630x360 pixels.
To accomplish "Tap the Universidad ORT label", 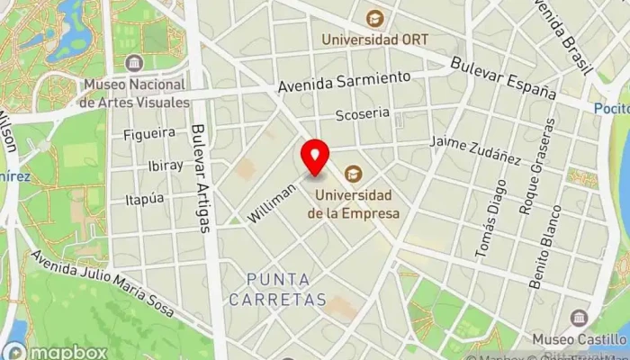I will click(x=376, y=40).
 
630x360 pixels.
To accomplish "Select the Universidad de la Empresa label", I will click(x=353, y=204).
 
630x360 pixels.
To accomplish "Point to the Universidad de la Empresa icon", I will click(x=354, y=172).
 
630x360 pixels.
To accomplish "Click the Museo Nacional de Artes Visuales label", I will click(x=134, y=93).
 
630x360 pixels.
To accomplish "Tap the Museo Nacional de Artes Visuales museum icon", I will click(x=135, y=63).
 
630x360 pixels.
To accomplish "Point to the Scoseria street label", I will click(x=363, y=114).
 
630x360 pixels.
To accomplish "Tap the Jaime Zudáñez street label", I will click(x=475, y=149).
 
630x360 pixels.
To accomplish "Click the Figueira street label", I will click(x=148, y=134).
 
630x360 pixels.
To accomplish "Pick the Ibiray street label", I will click(x=165, y=166).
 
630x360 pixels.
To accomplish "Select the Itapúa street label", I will click(x=145, y=198).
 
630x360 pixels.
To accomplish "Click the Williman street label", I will click(x=271, y=203).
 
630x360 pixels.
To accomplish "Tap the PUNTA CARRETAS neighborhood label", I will click(x=277, y=289).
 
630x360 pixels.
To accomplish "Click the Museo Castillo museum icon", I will click(x=579, y=318).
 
